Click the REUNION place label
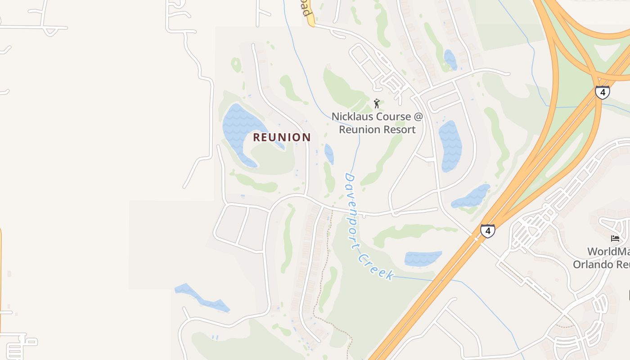(282, 137)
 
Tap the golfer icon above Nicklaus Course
(377, 103)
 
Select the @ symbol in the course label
(418, 117)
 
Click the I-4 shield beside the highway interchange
(602, 92)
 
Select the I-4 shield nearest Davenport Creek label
(487, 231)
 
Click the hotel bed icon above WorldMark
(615, 238)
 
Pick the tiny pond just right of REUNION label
(329, 153)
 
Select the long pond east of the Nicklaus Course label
(450, 146)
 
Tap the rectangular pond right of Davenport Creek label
(423, 258)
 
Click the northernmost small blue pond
(450, 59)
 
